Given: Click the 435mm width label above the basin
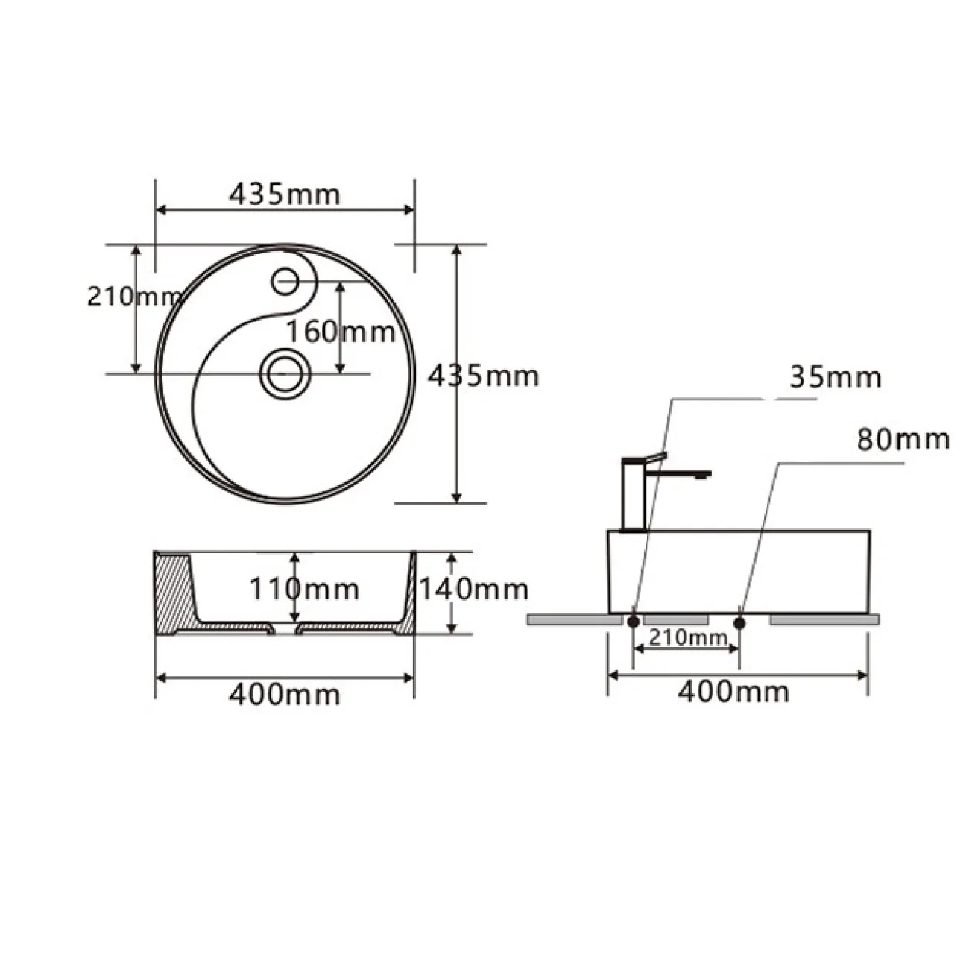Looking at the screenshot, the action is click(285, 195).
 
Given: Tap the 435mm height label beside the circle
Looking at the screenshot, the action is click(483, 376).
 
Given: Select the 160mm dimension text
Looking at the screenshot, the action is click(341, 332).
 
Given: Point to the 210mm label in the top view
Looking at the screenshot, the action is click(133, 297).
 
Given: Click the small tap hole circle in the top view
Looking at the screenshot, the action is click(285, 281).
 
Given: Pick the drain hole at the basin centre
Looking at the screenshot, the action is click(285, 373).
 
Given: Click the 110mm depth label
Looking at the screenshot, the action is click(304, 589).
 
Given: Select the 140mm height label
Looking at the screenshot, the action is click(474, 589).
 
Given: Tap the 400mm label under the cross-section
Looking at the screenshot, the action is click(285, 695).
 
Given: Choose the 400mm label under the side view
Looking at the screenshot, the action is click(733, 692).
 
